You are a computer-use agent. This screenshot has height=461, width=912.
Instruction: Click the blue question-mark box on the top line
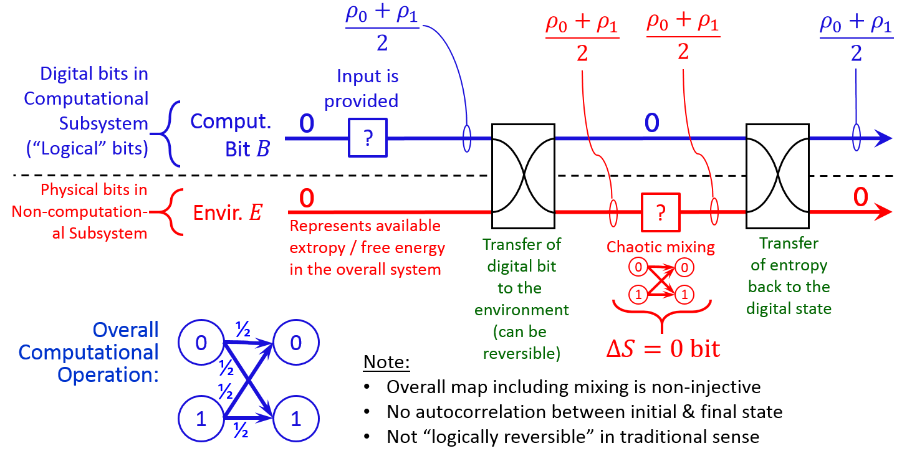coord(368,138)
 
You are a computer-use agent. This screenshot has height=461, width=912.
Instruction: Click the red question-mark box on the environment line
coord(660,212)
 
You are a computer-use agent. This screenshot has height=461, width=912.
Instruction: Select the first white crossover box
coord(523,176)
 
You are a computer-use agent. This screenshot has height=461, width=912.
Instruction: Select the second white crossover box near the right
coord(777,176)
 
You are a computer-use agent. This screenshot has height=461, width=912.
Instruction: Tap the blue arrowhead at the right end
coord(884,138)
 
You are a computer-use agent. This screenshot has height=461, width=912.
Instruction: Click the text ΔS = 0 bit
coord(663,348)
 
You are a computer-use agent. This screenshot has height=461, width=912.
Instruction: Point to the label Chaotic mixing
coord(661,247)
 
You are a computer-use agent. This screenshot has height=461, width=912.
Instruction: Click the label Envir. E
coord(228,212)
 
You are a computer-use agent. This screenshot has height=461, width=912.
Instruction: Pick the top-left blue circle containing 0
coord(201,343)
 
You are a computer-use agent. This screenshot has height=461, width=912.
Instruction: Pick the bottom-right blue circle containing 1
coord(295,419)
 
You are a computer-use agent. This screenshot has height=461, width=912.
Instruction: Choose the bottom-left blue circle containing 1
coord(201,419)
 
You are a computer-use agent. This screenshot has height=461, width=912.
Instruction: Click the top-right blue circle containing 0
coord(295,343)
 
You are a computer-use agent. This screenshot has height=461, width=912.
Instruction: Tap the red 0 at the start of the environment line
coord(307,198)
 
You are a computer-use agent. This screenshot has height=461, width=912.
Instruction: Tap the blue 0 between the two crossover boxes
coord(651,123)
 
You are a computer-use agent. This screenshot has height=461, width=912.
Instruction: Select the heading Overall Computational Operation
coord(89,353)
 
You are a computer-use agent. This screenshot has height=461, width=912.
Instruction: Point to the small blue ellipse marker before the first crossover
coord(466,138)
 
